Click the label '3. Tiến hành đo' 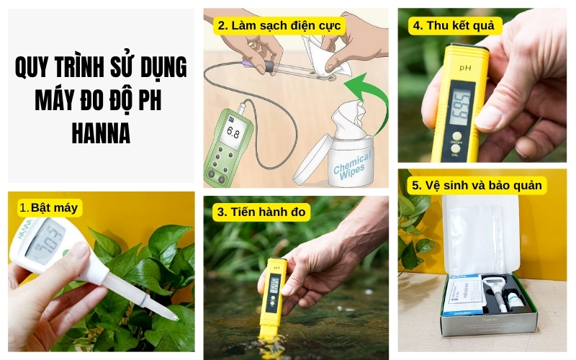click(x=263, y=212)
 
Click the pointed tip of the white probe click(x=173, y=317)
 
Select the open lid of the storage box click(x=481, y=234)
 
